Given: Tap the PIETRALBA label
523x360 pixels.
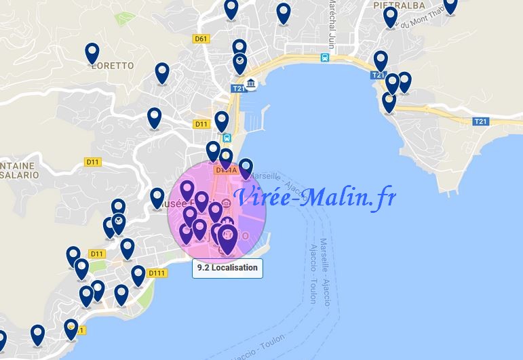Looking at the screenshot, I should pyautogui.click(x=399, y=5).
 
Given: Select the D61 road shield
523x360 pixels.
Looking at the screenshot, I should pyautogui.click(x=200, y=39).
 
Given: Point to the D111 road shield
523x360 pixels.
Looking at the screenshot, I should pyautogui.click(x=157, y=273).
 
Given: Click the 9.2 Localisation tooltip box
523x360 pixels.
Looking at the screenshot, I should pyautogui.click(x=227, y=268).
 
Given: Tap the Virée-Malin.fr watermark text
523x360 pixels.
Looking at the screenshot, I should pyautogui.click(x=313, y=197).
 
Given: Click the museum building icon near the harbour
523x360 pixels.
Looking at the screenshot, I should pyautogui.click(x=251, y=84).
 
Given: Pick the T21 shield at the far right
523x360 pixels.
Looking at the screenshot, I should pyautogui.click(x=480, y=121).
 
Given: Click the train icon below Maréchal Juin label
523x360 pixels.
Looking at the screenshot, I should pyautogui.click(x=326, y=58).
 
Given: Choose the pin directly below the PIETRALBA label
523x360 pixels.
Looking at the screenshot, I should pyautogui.click(x=390, y=16).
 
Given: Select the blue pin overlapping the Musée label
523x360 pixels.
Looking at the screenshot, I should pyautogui.click(x=157, y=198).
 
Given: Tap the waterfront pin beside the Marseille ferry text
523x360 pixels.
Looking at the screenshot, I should pyautogui.click(x=246, y=167).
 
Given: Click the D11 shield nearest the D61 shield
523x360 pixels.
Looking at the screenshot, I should pyautogui.click(x=201, y=124).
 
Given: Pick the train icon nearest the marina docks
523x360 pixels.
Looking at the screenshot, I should pyautogui.click(x=227, y=138).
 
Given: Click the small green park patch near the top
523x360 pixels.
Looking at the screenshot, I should pyautogui.click(x=123, y=18).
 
